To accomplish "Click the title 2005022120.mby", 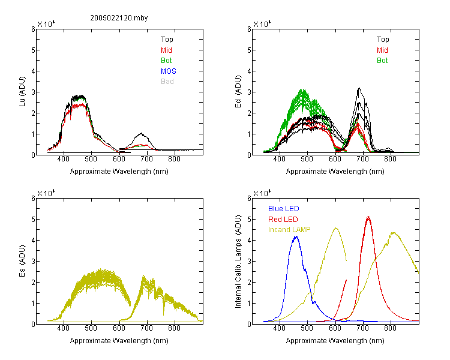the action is tap(119, 18).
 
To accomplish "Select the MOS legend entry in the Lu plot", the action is tap(169, 71).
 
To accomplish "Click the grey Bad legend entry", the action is tap(167, 82).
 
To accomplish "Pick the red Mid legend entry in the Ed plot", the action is tap(382, 50).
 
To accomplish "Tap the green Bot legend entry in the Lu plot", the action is tap(166, 61).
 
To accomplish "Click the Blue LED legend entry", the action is tap(284, 209).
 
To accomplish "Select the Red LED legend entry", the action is tap(283, 220).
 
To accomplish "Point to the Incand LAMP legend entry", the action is tap(289, 230).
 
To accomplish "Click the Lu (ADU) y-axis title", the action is tap(22, 92).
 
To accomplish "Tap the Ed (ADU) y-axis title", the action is tap(238, 92).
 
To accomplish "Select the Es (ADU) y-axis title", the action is tap(22, 261).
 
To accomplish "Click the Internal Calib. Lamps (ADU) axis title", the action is tap(238, 262).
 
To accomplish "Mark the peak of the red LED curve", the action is tap(368, 217).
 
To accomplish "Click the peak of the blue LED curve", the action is tap(296, 236).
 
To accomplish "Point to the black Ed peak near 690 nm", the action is tap(359, 88).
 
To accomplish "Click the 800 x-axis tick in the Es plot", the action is tap(174, 328).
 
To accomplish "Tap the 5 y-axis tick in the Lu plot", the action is tap(33, 50).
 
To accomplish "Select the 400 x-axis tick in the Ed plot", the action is tap(279, 159).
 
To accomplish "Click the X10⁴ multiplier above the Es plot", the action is tap(46, 193).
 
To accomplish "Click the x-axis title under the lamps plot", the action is tap(335, 341).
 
